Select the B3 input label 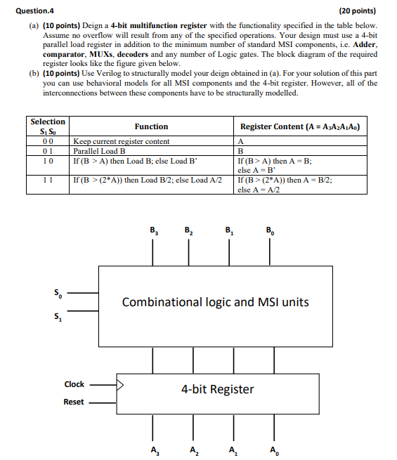pyautogui.click(x=153, y=231)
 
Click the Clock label pyautogui.click(x=74, y=384)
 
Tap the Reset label pyautogui.click(x=74, y=402)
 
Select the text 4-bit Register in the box pyautogui.click(x=217, y=389)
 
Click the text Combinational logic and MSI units pyautogui.click(x=215, y=302)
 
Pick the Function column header pyautogui.click(x=151, y=126)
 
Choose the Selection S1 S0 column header pyautogui.click(x=48, y=126)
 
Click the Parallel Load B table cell pyautogui.click(x=99, y=150)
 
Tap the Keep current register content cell pyautogui.click(x=121, y=141)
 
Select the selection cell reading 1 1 pyautogui.click(x=48, y=179)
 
